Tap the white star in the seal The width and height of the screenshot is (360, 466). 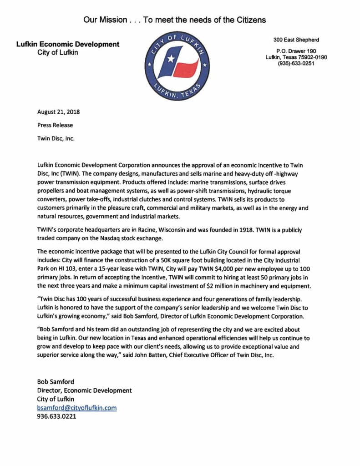172,59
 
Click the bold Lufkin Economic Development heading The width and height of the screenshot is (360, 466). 68,44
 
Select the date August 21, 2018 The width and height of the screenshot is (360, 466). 59,112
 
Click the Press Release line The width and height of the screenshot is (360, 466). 55,125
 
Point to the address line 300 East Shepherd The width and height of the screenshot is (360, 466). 296,40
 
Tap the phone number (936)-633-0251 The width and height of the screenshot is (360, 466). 296,64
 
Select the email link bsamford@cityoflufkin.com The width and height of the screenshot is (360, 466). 77,408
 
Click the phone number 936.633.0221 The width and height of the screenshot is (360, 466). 56,416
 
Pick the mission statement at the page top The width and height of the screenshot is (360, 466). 174,20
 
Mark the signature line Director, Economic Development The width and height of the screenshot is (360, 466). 85,390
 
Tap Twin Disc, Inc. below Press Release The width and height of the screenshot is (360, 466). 56,138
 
